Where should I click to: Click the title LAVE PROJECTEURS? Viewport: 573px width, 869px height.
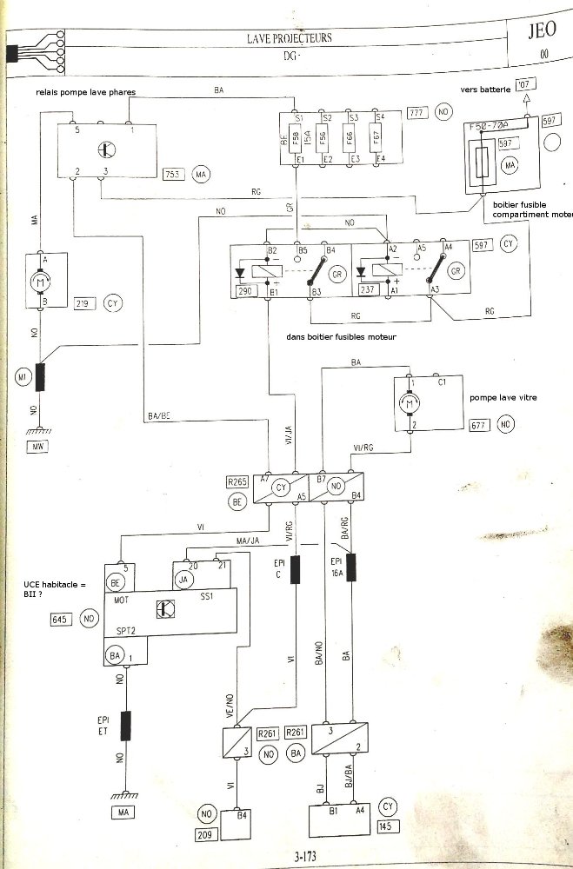tap(290, 37)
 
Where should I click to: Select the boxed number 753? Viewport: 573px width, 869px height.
tap(174, 175)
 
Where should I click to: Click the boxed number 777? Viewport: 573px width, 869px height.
tap(416, 113)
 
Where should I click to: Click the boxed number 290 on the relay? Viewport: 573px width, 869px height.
tap(245, 291)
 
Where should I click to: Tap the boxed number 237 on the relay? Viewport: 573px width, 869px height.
tap(367, 291)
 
